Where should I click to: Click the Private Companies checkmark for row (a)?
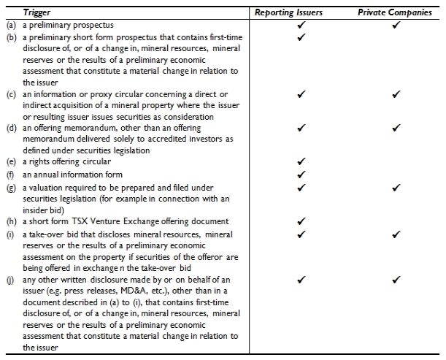tap(396, 25)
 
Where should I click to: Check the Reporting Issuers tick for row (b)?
tap(301, 37)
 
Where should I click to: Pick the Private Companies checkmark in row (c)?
tap(396, 94)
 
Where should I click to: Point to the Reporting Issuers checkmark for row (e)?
tap(301, 161)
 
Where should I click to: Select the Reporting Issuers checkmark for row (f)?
tap(301, 175)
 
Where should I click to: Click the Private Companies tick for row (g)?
tap(396, 187)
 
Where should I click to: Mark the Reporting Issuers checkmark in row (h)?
tap(301, 221)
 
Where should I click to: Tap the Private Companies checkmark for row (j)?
tap(396, 279)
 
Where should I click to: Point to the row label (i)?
tap(10, 234)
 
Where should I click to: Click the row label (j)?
tap(10, 280)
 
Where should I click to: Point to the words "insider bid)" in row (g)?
tap(44, 209)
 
